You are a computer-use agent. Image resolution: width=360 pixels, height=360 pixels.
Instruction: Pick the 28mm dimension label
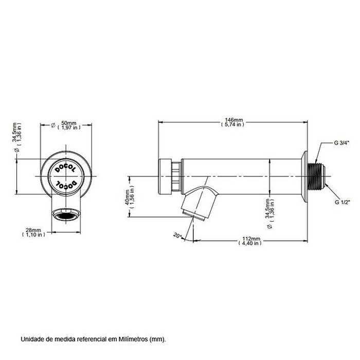coord(34,230)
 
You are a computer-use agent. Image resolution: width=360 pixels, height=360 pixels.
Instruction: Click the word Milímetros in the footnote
coord(134,339)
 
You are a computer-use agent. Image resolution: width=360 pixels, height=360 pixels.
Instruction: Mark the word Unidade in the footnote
coord(32,339)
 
